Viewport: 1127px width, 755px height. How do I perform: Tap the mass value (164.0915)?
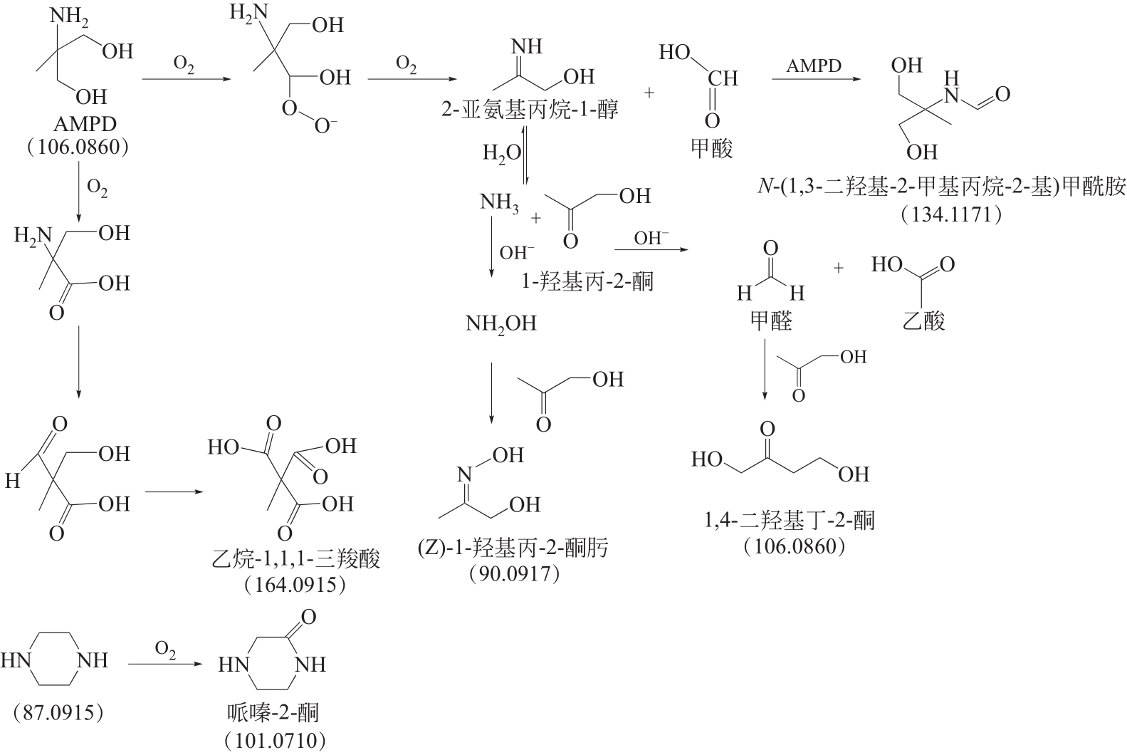tap(295, 585)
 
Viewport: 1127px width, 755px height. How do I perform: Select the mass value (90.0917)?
tap(514, 574)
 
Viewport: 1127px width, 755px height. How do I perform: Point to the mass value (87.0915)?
tap(58, 713)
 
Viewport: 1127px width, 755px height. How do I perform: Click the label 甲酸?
tap(711, 149)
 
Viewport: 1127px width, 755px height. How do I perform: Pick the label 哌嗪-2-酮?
tap(273, 713)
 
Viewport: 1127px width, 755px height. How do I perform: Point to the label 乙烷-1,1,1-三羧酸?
tap(296, 558)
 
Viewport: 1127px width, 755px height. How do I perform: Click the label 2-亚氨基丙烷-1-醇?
tap(530, 109)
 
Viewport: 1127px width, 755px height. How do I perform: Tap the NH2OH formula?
tap(501, 323)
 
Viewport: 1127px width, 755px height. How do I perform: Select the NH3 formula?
tap(499, 203)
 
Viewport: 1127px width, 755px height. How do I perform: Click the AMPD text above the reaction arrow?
tap(814, 66)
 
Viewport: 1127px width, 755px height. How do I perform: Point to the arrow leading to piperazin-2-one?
tap(164, 665)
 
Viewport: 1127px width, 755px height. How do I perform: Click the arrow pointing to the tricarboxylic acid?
tap(174, 491)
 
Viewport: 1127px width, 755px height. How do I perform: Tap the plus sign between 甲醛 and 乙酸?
tap(838, 269)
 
